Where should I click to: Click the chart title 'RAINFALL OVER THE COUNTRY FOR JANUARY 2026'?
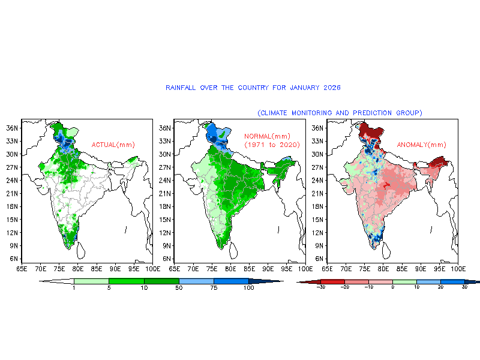(x=253, y=88)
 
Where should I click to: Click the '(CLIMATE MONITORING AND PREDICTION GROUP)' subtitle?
(x=340, y=113)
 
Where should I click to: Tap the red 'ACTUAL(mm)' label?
(x=113, y=145)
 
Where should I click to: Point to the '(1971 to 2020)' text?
(x=271, y=145)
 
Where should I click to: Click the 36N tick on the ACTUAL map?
(x=11, y=128)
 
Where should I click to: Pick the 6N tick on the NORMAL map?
(x=164, y=259)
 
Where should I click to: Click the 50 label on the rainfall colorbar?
(x=179, y=289)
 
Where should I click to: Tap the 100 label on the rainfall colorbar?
(x=248, y=289)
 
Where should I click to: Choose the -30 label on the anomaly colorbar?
(x=321, y=288)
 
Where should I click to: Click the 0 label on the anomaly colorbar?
(x=392, y=288)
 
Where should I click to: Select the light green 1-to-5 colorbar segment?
(x=91, y=281)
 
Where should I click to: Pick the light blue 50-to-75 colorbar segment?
(x=196, y=281)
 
